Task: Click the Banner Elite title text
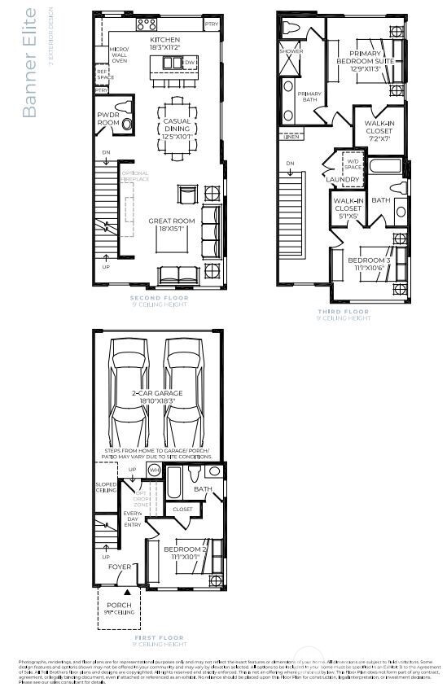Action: [x=29, y=63]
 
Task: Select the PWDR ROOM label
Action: [x=109, y=118]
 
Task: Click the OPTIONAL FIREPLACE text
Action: [x=135, y=176]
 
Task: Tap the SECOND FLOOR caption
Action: [x=159, y=299]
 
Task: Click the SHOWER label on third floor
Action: [x=291, y=51]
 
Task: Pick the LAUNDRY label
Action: [x=343, y=179]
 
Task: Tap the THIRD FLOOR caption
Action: [x=343, y=312]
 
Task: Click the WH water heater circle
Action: [x=154, y=470]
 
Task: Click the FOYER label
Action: [x=120, y=567]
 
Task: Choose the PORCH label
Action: [x=120, y=606]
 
